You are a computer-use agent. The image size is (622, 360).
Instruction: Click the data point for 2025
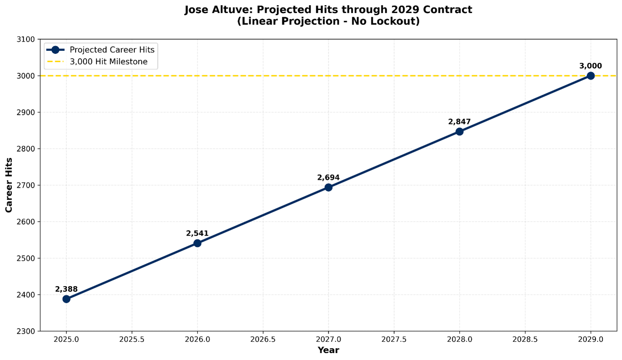[x=66, y=299]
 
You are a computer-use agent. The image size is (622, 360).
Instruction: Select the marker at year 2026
[x=197, y=243]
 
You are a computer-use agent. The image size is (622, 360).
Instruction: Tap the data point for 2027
[x=328, y=187]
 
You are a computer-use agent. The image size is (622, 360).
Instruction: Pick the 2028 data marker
[x=459, y=131]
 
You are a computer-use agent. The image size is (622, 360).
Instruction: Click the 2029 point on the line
[x=590, y=76]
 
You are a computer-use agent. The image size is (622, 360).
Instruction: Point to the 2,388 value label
[x=66, y=289]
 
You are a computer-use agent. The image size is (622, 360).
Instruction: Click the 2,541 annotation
[x=197, y=233]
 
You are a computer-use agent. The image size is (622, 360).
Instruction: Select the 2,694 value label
[x=328, y=177]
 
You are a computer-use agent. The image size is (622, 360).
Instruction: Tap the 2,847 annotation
[x=459, y=122]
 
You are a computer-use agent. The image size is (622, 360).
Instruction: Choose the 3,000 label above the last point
[x=590, y=66]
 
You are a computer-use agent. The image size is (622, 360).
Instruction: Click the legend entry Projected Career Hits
[x=112, y=50]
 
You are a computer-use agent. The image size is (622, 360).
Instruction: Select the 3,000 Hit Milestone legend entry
[x=108, y=62]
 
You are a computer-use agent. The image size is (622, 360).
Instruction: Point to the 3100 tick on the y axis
[x=26, y=40]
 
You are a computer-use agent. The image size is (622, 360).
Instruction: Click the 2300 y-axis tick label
[x=26, y=331]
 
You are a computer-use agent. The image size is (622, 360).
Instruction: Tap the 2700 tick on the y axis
[x=26, y=185]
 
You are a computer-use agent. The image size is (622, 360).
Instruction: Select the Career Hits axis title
[x=9, y=185]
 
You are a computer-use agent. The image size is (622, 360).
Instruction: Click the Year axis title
[x=328, y=350]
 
